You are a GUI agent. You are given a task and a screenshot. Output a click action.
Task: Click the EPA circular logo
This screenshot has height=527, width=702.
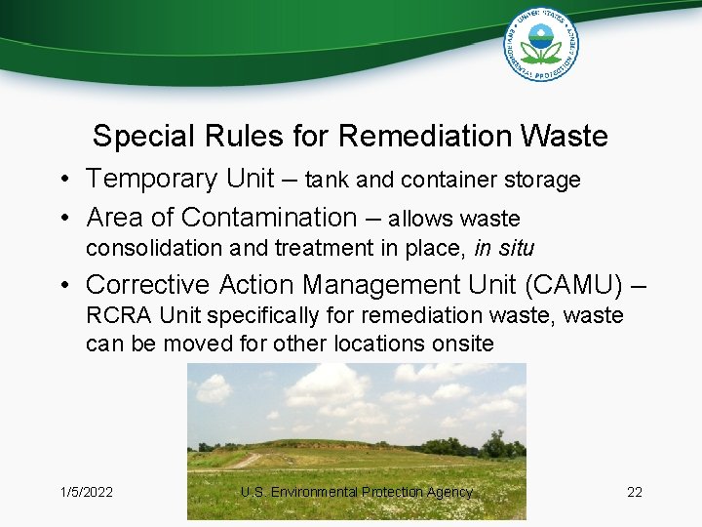coord(540,44)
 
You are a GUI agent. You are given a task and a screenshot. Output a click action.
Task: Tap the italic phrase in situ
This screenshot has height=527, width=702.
coord(504,248)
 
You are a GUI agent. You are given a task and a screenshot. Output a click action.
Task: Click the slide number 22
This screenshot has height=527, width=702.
coord(635,492)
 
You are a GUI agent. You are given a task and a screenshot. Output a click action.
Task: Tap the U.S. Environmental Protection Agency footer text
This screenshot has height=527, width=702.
coord(356,492)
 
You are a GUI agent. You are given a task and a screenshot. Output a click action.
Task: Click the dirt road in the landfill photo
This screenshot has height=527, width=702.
coord(244,460)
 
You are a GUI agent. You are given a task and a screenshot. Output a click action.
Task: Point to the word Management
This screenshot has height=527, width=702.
coord(368,284)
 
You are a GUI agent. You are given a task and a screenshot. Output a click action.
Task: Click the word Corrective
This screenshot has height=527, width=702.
coord(147,284)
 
